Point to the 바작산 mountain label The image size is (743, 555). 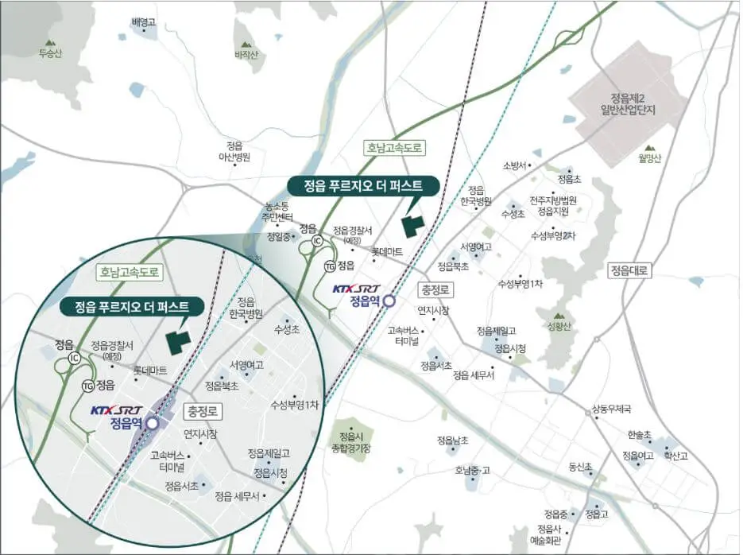click(247, 55)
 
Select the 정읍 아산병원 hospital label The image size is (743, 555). click(234, 152)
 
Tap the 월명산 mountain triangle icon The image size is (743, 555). click(649, 148)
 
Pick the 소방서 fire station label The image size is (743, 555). click(514, 165)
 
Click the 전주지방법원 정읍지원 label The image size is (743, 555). click(553, 206)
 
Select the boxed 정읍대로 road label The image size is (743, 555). click(629, 270)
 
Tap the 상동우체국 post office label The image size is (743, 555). click(610, 409)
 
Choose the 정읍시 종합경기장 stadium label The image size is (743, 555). click(350, 443)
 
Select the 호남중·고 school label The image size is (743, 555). click(474, 470)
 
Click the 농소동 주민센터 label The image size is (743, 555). click(279, 212)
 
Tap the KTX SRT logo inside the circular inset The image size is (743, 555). click(116, 410)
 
